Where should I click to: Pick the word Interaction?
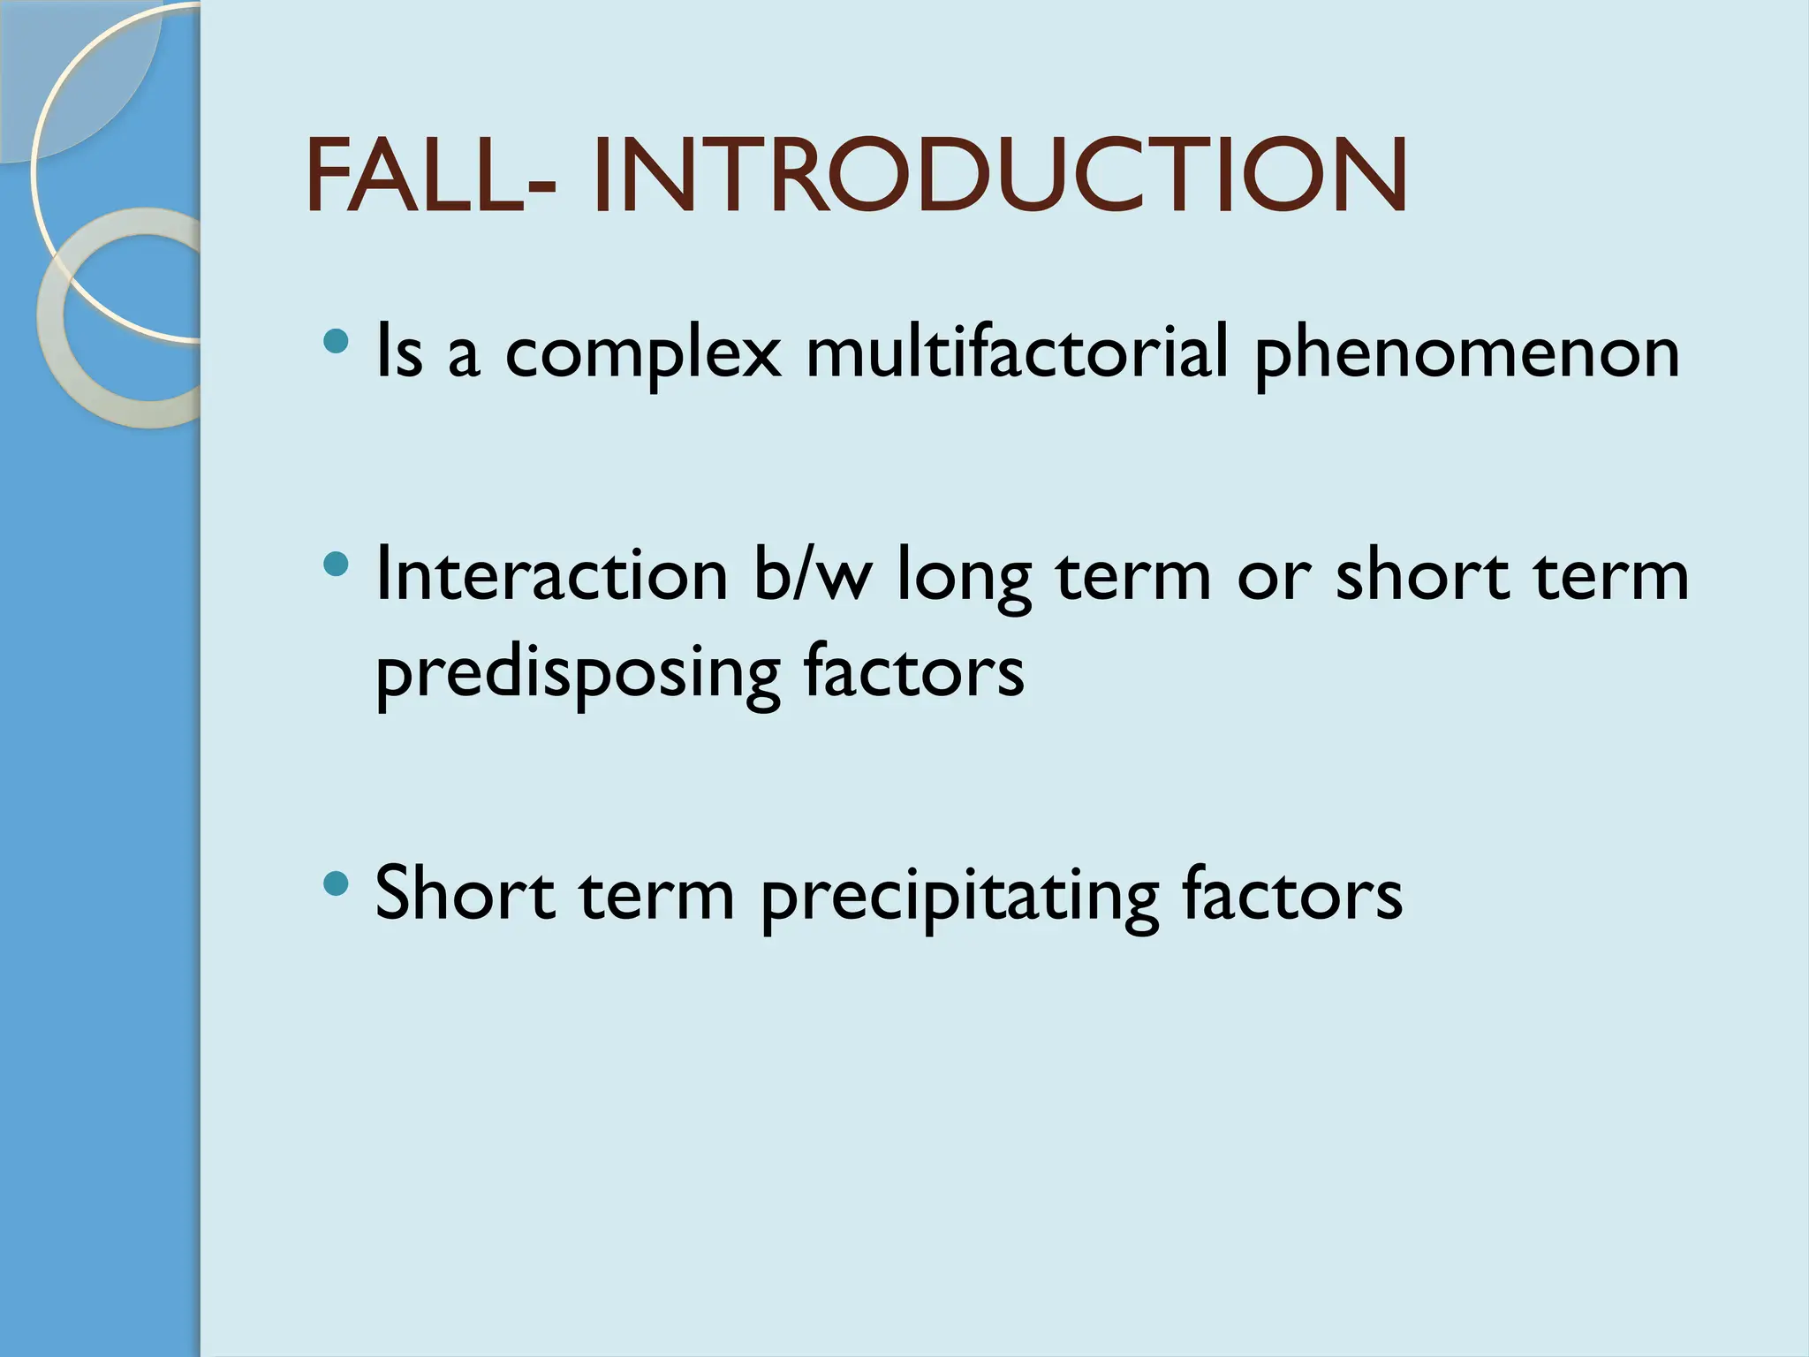(552, 575)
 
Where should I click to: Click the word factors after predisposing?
(913, 671)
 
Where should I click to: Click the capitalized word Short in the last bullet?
(465, 893)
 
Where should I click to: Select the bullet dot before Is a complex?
(336, 340)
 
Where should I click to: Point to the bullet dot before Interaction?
(336, 563)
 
